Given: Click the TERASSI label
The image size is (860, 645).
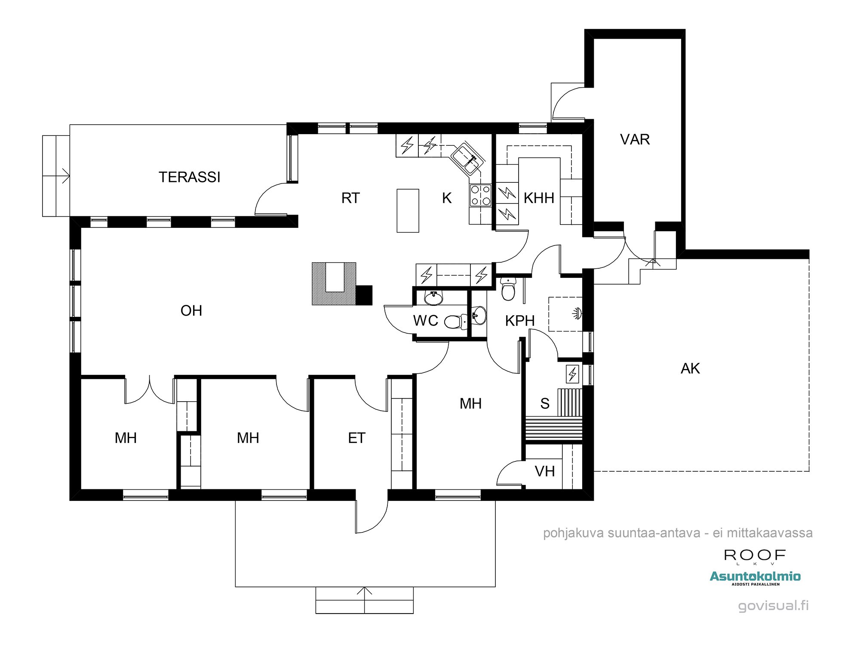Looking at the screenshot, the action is coord(189,177).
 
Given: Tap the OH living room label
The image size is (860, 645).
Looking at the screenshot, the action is coord(191,311).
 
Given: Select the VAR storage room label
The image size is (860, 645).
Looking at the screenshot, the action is coord(635,139).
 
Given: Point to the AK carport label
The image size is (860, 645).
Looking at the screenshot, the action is coord(690,369).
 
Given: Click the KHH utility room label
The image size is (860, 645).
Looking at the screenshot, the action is coord(539,198).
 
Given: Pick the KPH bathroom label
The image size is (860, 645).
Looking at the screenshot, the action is coord(520,321).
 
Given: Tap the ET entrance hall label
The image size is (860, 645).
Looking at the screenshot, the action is coord(356,438).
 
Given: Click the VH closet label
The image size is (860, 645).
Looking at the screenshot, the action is coord(545,472).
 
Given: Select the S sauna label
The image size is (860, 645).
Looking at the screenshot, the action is coord(545,404).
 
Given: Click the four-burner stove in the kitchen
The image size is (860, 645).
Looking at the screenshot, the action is coord(480,195).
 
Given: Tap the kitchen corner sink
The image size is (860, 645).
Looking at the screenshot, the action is coord(467,159).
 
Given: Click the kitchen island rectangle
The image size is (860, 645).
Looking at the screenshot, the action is coord(408,211).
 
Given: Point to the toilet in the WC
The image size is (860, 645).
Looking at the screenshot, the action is coord(455,321).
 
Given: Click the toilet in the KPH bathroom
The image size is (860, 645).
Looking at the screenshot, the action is coord(508,289).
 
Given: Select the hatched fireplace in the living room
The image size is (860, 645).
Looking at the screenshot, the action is coord(334,284).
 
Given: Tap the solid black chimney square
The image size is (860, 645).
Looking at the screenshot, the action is coord(364,295).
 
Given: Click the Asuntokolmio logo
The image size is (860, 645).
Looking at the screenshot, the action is coord(755,577).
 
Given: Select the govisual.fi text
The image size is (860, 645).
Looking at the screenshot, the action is coord(773,605).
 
